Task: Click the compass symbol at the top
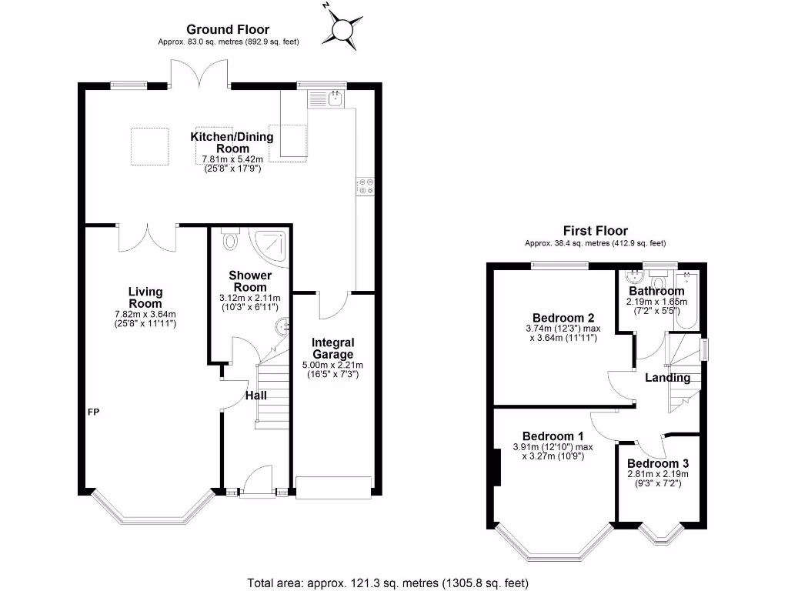click(342, 28)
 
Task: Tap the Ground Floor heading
click(228, 29)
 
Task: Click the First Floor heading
click(595, 231)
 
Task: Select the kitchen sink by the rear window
click(326, 99)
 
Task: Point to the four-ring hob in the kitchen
click(366, 186)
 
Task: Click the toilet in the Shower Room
click(230, 239)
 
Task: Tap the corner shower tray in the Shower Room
click(272, 246)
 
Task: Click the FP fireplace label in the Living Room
click(93, 412)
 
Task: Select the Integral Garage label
click(332, 349)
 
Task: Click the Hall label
click(255, 396)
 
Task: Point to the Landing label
click(667, 378)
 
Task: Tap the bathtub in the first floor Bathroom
click(686, 300)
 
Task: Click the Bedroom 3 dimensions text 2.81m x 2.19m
click(658, 474)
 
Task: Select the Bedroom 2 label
click(563, 318)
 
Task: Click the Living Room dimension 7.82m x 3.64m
click(145, 315)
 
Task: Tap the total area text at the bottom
click(388, 583)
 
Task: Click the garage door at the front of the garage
click(334, 487)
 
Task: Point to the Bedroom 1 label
click(553, 436)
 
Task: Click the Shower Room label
click(250, 282)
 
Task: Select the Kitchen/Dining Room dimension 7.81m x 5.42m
click(232, 159)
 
